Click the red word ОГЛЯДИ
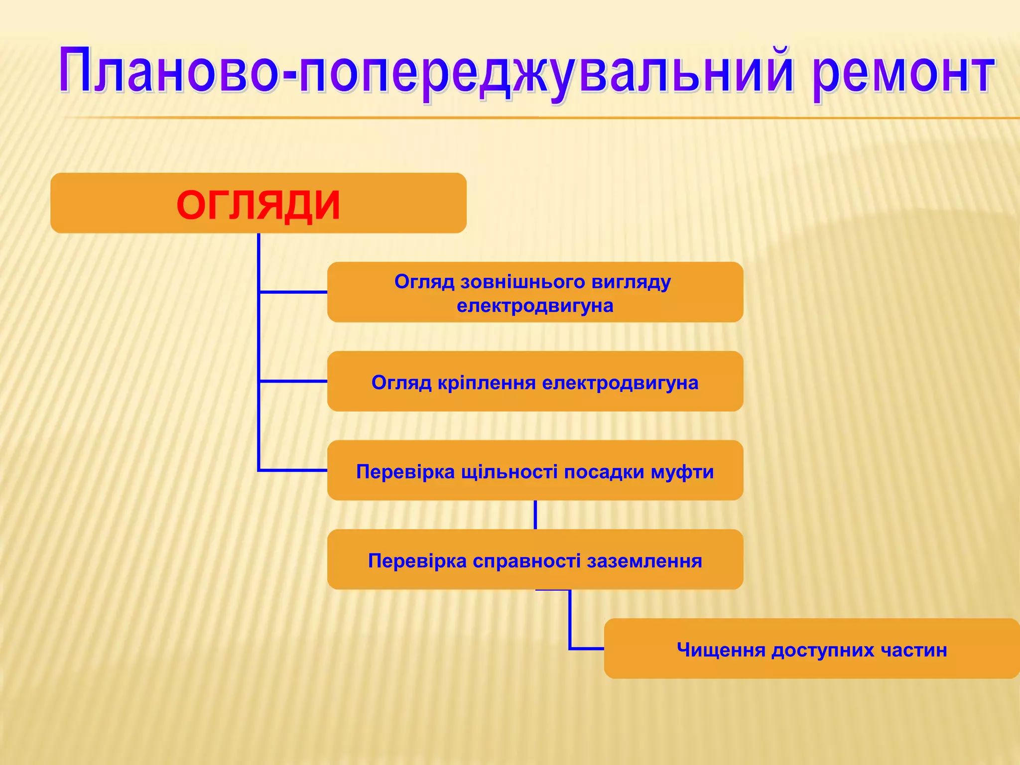coord(258,205)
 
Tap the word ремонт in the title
coord(902,74)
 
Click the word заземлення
coord(644,561)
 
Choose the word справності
coord(526,561)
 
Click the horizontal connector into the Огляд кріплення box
coord(293,381)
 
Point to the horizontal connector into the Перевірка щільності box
coord(293,470)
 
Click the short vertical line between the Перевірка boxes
coord(535,514)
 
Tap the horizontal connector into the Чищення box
coord(587,648)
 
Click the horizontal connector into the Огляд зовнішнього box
coord(293,292)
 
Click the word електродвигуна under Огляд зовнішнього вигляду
coord(535,305)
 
